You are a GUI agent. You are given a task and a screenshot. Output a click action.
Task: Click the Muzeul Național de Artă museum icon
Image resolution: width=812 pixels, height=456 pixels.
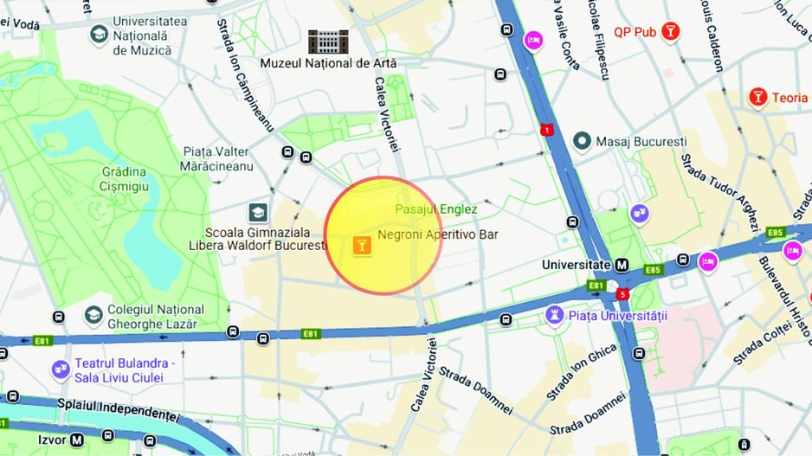(328, 41)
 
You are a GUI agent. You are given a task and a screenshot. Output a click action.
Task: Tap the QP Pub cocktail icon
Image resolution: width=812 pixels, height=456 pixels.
(669, 32)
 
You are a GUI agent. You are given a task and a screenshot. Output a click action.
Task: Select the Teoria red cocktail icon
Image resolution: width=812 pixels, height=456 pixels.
(758, 97)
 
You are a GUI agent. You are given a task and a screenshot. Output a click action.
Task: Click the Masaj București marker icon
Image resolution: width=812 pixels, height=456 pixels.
(583, 140)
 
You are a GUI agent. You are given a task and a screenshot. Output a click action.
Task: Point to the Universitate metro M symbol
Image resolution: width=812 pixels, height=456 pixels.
(622, 264)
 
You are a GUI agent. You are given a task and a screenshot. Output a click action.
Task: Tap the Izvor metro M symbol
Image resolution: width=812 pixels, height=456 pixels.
(78, 440)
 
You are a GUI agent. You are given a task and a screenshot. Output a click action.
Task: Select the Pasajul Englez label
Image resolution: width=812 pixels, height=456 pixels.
(435, 209)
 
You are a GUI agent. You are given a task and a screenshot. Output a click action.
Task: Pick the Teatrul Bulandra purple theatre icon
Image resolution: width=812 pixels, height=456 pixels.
(60, 369)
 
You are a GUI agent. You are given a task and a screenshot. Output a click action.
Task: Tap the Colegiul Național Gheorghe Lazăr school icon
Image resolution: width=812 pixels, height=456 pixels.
(93, 316)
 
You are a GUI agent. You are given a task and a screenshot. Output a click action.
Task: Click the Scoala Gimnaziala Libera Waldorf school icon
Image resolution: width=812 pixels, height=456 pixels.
(257, 212)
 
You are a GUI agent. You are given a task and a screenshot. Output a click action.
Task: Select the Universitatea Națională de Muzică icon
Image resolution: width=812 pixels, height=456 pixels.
(99, 35)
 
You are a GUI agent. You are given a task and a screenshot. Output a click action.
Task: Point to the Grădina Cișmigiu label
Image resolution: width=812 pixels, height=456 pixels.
(137, 178)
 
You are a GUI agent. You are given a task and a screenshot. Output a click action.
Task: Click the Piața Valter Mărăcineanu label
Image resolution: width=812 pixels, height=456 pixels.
(217, 158)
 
